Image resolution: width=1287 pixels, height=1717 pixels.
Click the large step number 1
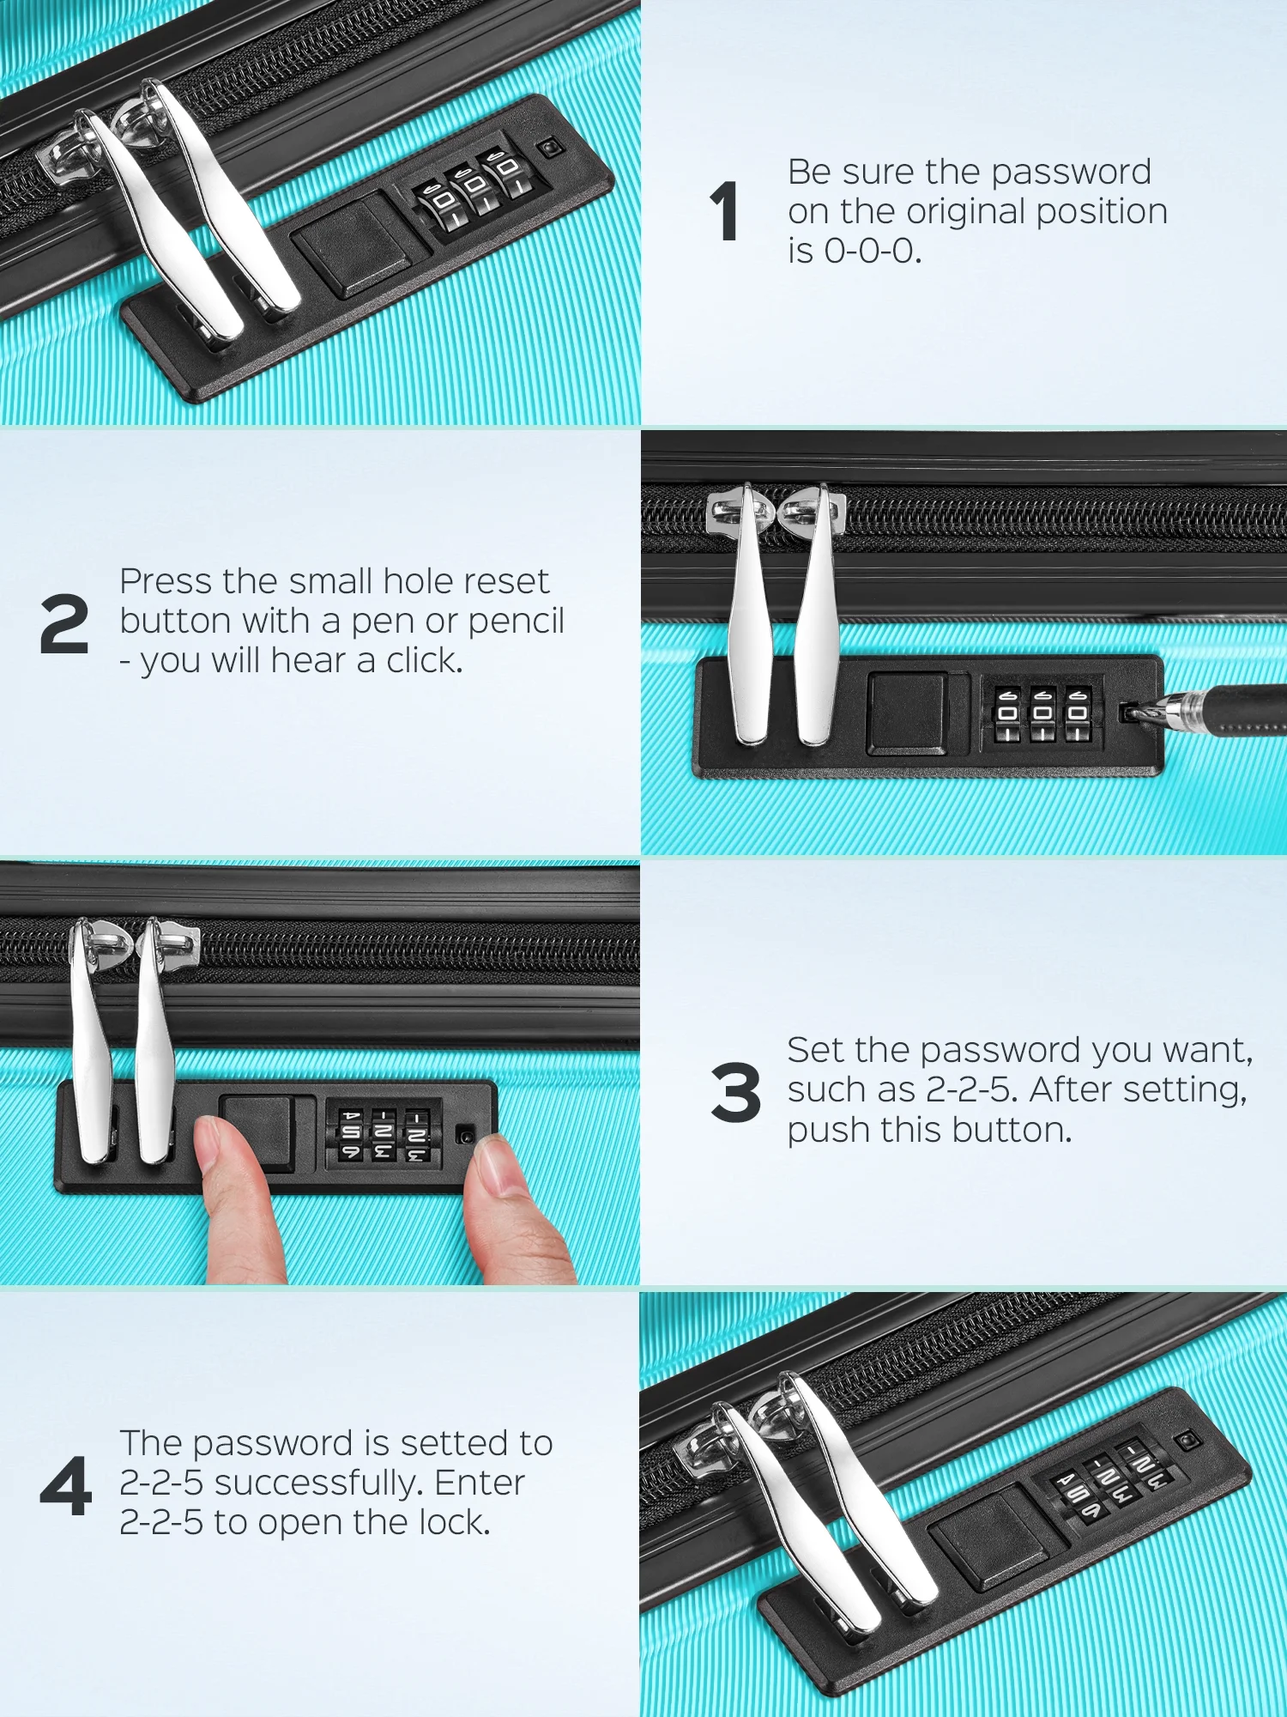725,211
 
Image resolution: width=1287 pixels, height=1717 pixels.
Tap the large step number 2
64,623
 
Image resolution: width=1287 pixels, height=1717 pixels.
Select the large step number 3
735,1092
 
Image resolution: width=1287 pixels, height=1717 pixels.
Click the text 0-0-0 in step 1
873,252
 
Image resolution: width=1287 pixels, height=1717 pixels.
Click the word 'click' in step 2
425,660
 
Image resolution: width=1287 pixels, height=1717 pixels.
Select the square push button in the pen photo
908,713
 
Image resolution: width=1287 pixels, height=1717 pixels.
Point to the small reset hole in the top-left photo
550,149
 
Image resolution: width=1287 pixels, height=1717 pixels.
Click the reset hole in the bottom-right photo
1187,1440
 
